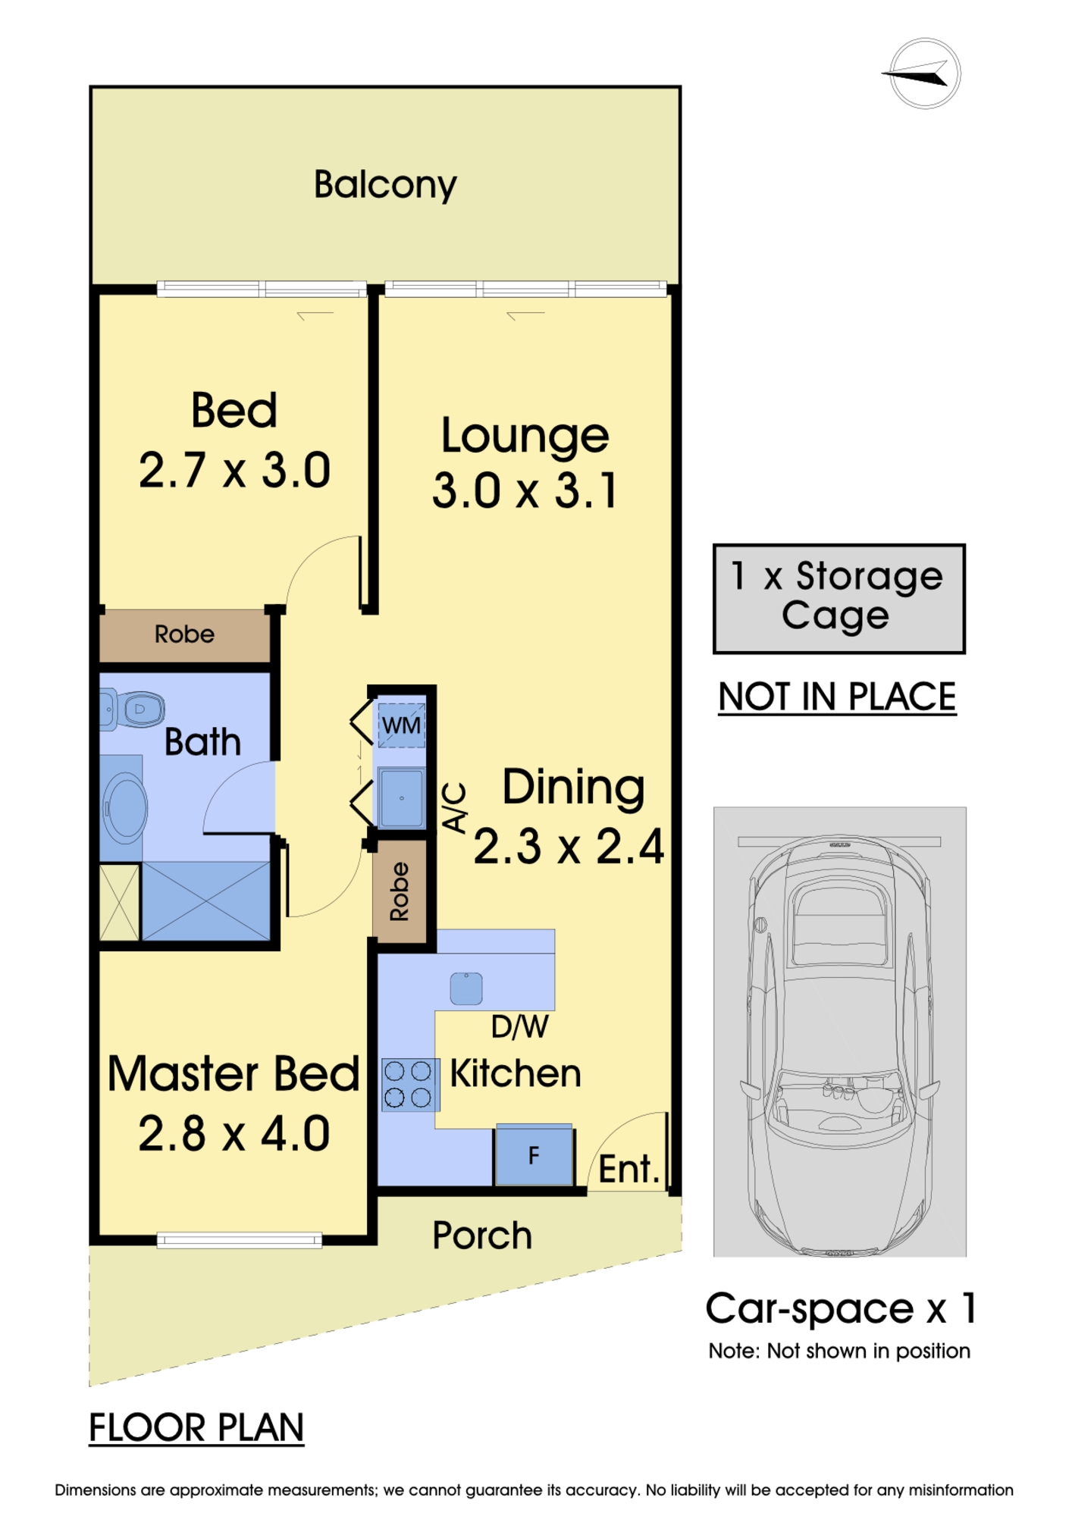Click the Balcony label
click(x=385, y=185)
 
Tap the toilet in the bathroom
click(x=132, y=709)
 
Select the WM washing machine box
click(x=401, y=725)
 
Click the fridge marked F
click(x=534, y=1155)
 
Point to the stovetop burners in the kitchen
click(x=409, y=1085)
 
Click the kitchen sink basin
click(x=466, y=988)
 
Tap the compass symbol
click(x=924, y=74)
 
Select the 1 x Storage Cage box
click(x=838, y=599)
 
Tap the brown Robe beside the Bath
click(x=184, y=634)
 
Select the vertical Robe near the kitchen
click(x=400, y=891)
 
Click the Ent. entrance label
click(x=629, y=1169)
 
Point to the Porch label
click(x=482, y=1236)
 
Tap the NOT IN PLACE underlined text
click(x=837, y=697)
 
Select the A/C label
click(x=454, y=808)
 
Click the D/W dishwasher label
click(x=519, y=1027)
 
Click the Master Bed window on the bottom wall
click(x=240, y=1240)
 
